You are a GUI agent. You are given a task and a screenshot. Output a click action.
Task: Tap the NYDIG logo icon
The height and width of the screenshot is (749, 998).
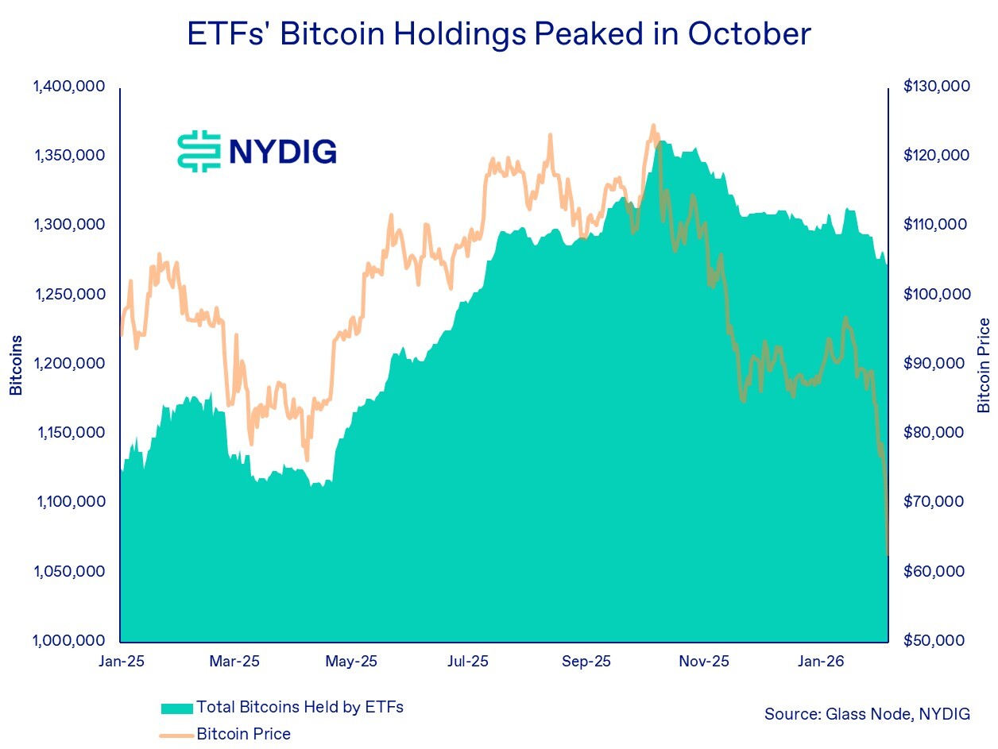tap(198, 151)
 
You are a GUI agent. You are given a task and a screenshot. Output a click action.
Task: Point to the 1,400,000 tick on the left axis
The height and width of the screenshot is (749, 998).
tap(70, 86)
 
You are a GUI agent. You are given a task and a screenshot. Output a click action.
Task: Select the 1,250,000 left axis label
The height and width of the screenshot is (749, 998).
tap(70, 294)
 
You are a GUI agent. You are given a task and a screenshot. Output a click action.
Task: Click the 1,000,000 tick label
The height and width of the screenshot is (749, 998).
tap(70, 640)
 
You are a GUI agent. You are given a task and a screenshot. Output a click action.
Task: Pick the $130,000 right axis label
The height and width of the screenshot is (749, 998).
tap(937, 86)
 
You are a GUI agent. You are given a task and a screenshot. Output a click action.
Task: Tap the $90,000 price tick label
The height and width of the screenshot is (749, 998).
tap(937, 363)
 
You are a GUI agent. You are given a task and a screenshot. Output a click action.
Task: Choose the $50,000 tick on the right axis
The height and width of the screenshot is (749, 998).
tap(937, 640)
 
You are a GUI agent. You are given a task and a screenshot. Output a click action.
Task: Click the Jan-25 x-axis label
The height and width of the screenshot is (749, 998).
tap(120, 661)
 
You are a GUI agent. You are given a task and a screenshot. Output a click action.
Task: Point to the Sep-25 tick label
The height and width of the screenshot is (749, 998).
tap(586, 661)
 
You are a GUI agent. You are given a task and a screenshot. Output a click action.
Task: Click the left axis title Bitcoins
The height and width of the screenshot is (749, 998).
tap(16, 365)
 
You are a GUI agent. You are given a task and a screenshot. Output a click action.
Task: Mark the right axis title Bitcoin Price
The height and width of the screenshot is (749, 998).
tap(984, 365)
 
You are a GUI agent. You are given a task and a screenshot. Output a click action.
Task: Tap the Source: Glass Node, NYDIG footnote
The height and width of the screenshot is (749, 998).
tap(867, 714)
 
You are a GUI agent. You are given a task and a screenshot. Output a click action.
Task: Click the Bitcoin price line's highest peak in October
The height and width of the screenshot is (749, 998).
tap(653, 125)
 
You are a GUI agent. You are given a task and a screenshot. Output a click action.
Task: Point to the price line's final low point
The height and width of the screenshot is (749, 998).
tap(887, 554)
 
